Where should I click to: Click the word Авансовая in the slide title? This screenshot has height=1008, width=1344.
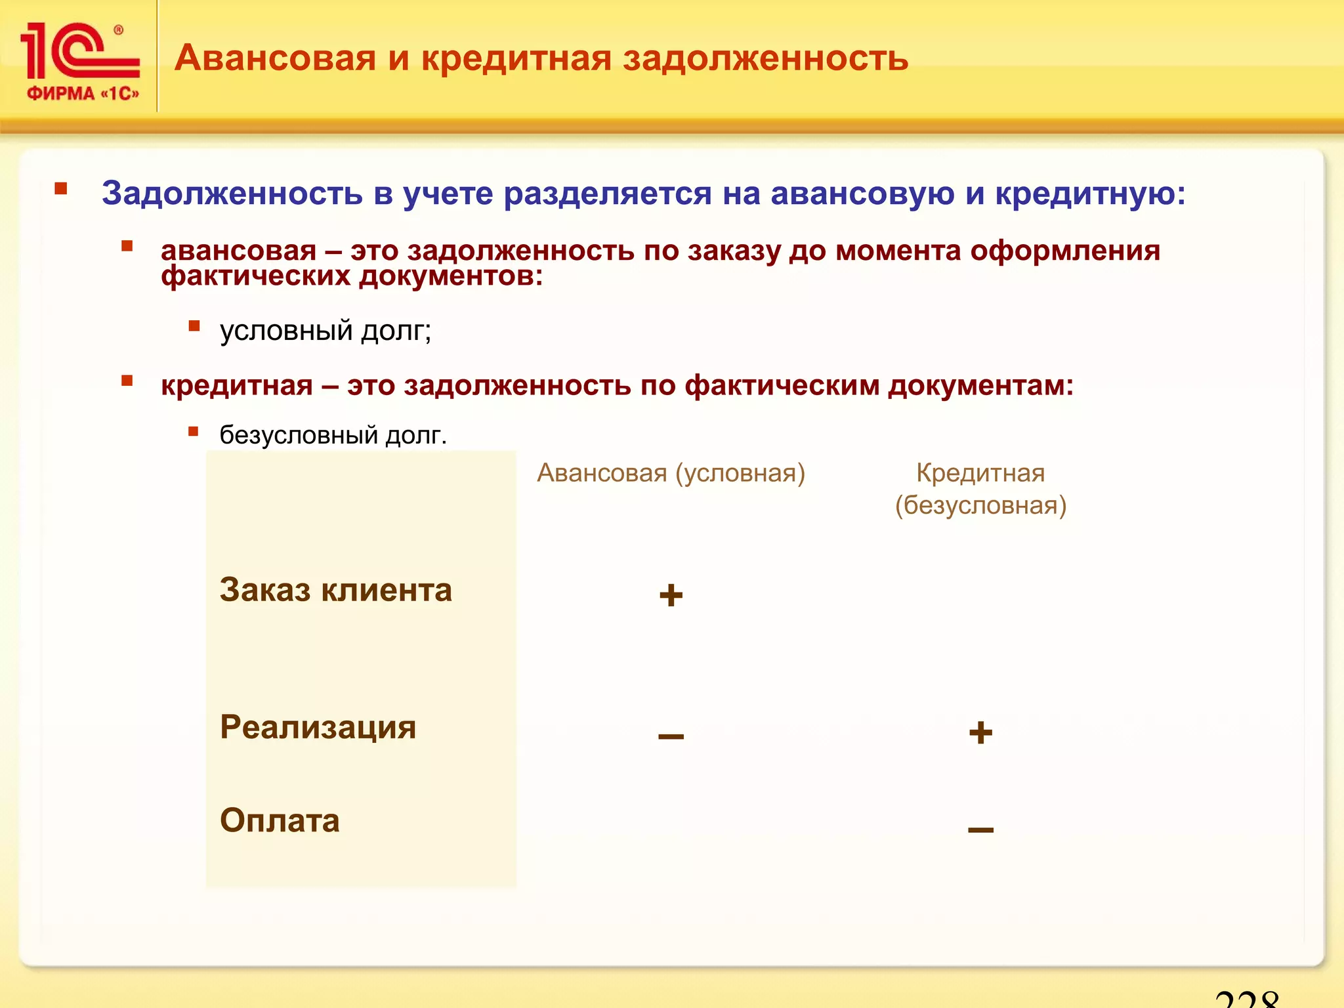275,58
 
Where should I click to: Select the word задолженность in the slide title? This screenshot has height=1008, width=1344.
765,58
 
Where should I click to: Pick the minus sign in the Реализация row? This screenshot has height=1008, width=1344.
671,736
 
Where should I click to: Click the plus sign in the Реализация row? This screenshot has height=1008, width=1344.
980,732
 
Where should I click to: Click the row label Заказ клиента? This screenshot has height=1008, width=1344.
335,590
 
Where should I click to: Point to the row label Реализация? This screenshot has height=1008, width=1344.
318,727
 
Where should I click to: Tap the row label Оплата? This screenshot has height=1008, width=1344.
280,820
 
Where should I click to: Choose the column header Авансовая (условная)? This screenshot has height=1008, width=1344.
671,473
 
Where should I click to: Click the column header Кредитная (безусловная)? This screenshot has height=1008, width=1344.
980,489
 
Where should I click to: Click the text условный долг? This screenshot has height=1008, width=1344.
325,331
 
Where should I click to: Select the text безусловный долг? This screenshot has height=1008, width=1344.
333,435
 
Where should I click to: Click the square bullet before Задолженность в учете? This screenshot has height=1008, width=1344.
61,189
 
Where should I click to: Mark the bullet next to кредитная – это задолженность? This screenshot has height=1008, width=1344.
127,381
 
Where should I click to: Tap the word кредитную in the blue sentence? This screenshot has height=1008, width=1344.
1089,194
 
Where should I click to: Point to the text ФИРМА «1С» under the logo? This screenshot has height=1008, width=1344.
83,94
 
